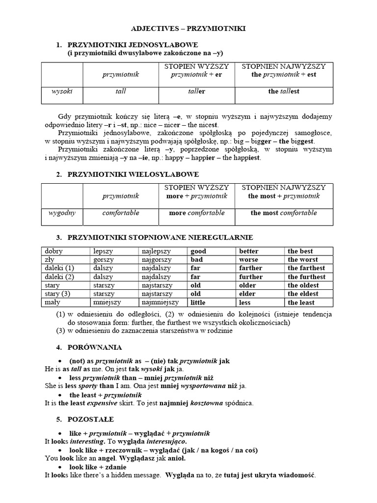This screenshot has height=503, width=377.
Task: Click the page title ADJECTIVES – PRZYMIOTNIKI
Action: point(188,29)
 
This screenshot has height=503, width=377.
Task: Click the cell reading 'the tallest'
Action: point(284,91)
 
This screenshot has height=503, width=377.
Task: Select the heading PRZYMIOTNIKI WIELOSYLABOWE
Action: point(126,174)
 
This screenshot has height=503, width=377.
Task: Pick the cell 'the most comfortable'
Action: point(284,213)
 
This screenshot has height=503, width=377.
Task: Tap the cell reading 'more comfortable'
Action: point(196,213)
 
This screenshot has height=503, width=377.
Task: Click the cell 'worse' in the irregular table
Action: point(248,259)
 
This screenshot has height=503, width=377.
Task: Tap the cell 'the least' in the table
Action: point(301,303)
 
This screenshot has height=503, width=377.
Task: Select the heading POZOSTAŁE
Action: point(91,419)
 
